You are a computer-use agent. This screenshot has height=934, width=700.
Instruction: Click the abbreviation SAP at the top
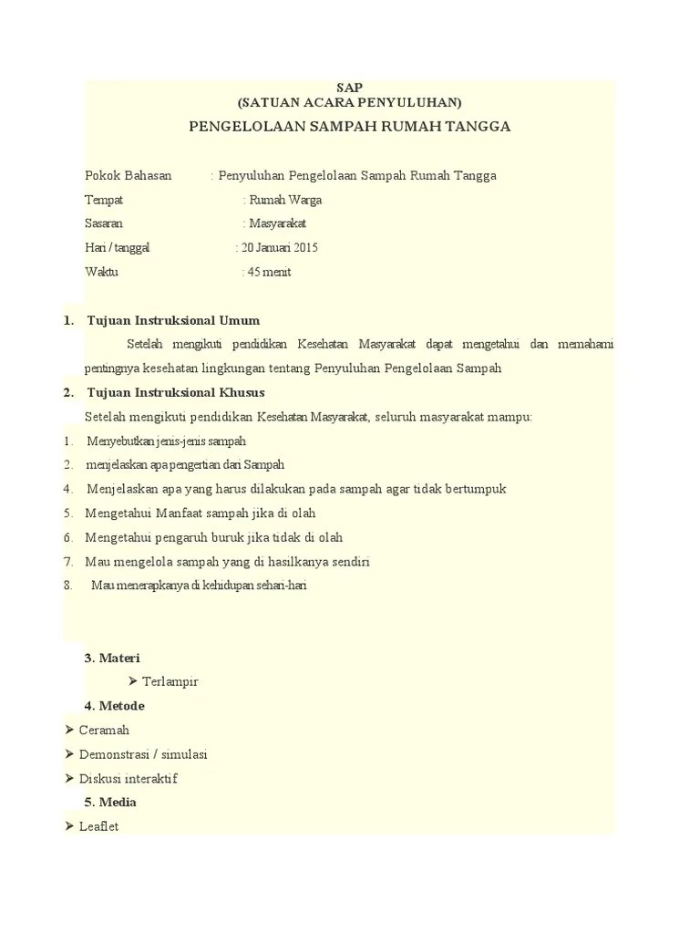click(350, 87)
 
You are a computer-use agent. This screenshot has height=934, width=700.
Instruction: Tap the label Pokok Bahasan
click(128, 175)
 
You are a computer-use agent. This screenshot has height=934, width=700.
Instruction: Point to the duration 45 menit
click(270, 272)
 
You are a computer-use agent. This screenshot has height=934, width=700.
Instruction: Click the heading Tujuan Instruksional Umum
click(173, 320)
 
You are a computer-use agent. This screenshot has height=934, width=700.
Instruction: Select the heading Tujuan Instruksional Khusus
click(175, 392)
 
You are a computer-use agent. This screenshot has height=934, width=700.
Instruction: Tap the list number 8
click(68, 586)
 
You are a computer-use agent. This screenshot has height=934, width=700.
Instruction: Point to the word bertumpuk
click(473, 489)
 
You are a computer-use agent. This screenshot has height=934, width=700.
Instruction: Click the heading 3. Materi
click(112, 658)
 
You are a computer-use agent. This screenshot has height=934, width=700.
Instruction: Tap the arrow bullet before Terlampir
click(133, 681)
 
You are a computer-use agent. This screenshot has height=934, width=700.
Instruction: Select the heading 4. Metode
click(114, 706)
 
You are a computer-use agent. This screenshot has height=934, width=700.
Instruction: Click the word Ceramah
click(104, 730)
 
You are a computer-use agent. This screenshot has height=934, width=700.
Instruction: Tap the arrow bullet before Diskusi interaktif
click(71, 778)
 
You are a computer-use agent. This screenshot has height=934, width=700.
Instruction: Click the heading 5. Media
click(110, 802)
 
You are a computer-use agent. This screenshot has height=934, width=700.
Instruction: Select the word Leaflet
click(98, 826)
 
